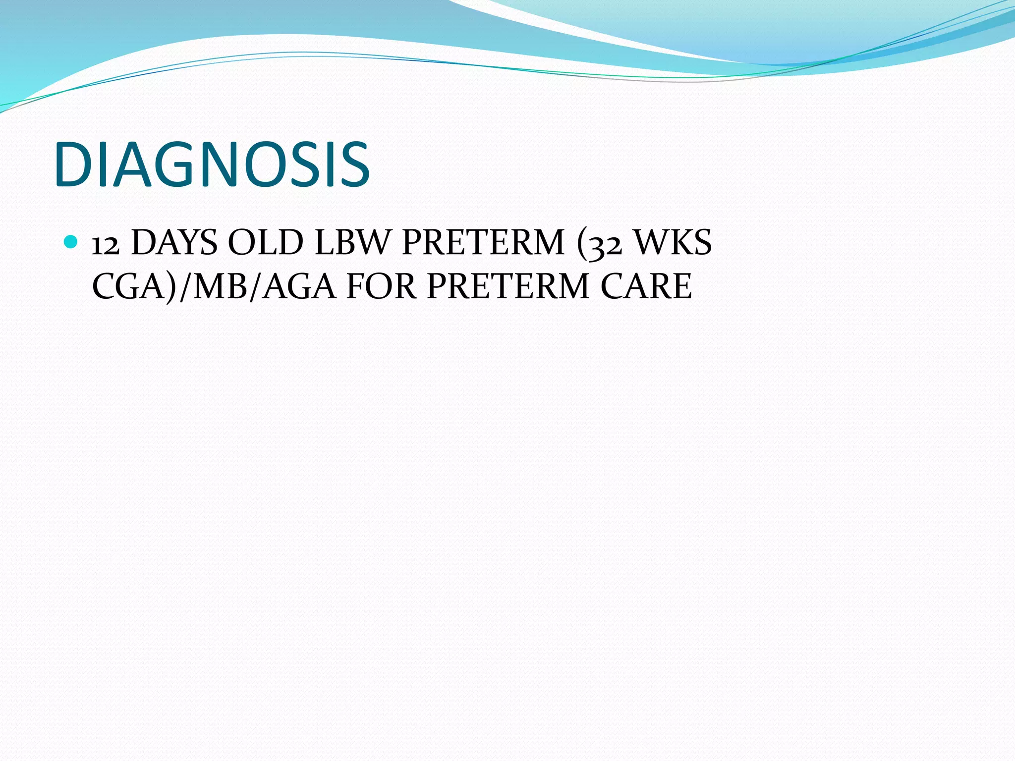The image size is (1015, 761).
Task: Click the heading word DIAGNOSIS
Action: (212, 164)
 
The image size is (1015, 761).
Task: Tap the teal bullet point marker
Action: (71, 242)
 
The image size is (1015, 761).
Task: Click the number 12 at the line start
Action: (106, 244)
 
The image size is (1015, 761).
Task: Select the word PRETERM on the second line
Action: (508, 286)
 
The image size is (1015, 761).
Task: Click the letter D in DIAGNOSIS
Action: (74, 164)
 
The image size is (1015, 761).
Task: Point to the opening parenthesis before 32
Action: (582, 244)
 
